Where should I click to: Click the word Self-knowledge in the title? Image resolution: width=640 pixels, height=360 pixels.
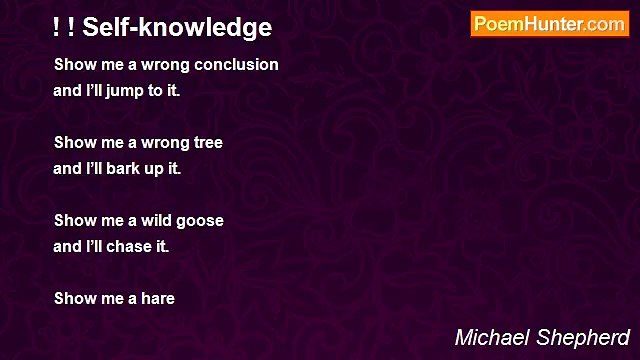[177, 28]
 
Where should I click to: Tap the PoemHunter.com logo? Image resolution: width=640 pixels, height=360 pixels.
[549, 24]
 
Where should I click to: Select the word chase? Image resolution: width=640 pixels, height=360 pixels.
[133, 246]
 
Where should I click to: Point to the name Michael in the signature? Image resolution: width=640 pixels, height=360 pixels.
[492, 337]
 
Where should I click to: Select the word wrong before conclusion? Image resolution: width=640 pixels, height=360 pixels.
[164, 65]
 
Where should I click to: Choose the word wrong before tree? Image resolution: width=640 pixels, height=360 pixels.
[164, 143]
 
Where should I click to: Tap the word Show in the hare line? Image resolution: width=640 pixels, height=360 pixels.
[75, 298]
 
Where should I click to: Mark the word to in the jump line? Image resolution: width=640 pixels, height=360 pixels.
[161, 90]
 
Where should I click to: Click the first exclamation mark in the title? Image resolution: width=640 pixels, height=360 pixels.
[57, 28]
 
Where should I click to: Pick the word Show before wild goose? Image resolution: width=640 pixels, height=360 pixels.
[75, 221]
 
